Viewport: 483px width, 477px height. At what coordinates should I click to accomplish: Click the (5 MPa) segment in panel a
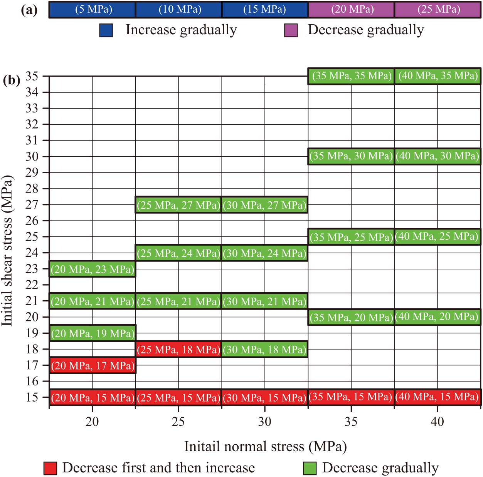(93, 10)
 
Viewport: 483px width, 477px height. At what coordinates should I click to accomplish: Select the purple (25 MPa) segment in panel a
(438, 10)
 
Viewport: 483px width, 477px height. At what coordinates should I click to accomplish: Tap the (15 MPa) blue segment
(265, 10)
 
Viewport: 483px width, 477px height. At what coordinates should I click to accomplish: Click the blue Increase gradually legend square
(106, 30)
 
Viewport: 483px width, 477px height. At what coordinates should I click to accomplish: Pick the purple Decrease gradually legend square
(291, 30)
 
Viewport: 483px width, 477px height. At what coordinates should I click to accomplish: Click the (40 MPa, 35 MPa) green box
(438, 76)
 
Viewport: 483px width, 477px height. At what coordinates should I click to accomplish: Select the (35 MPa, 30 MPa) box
(351, 156)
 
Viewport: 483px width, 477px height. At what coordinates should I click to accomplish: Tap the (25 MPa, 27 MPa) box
(178, 205)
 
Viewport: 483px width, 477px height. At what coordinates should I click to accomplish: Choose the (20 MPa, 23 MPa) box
(93, 269)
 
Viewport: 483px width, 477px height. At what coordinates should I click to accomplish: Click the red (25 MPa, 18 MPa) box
(178, 349)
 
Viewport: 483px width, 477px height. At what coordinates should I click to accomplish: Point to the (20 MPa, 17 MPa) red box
(93, 365)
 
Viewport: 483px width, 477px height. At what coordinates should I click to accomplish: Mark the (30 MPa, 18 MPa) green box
(265, 349)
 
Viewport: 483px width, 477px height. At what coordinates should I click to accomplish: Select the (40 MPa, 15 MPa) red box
(438, 397)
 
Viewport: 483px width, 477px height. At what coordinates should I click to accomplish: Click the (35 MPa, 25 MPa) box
(351, 237)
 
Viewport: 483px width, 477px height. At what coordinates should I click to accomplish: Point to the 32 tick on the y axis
(32, 124)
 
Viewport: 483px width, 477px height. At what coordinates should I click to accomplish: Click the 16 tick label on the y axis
(32, 381)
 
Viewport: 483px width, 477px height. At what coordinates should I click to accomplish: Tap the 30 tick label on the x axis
(265, 422)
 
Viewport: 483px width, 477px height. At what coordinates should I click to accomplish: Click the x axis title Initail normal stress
(265, 447)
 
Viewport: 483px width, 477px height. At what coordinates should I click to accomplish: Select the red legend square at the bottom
(50, 468)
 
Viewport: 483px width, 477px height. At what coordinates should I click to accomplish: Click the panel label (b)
(12, 80)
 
